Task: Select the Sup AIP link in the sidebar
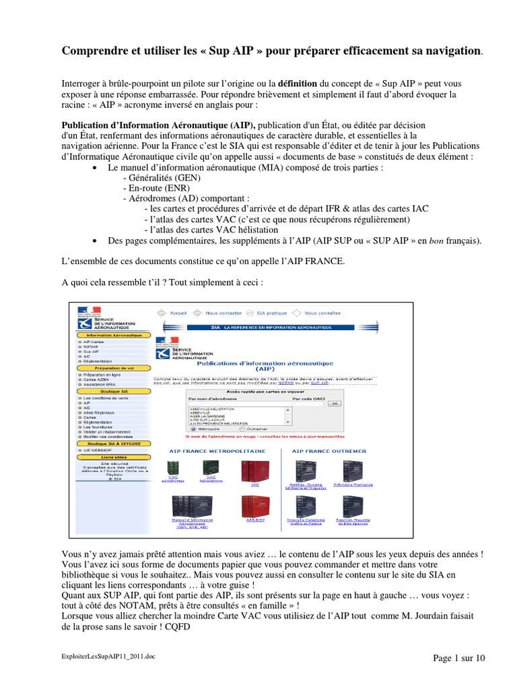point(90,351)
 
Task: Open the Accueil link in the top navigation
point(178,313)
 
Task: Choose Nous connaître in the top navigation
point(322,313)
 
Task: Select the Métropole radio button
point(194,428)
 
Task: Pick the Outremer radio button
point(233,428)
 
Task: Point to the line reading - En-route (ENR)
point(152,188)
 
